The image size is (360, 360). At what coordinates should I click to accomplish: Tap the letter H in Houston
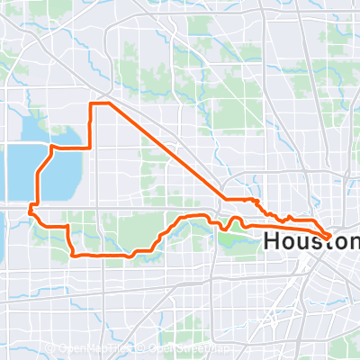[273, 241]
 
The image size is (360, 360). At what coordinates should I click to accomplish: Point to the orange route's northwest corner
[92, 105]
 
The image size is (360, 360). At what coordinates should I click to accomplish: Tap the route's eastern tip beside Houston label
[331, 236]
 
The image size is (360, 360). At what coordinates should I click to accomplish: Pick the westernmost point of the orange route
[30, 211]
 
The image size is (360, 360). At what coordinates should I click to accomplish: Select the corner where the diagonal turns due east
[225, 199]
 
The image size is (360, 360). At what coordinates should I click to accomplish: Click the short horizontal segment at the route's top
[100, 105]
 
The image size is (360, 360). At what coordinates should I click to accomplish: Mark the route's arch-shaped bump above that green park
[236, 220]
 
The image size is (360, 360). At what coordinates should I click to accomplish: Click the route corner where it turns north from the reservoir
[92, 147]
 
